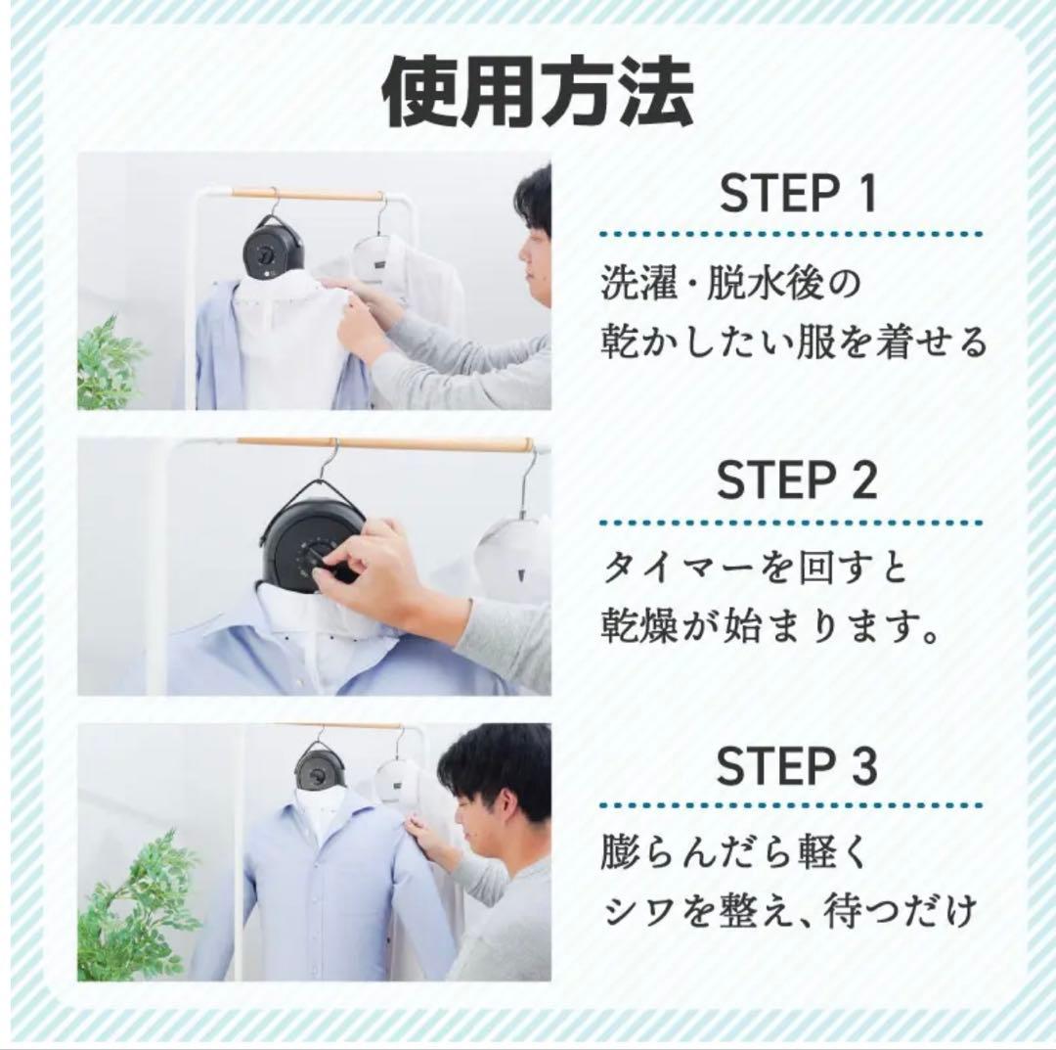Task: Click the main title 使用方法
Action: pyautogui.click(x=537, y=94)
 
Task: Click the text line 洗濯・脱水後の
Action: pyautogui.click(x=729, y=285)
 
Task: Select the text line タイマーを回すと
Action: pyautogui.click(x=755, y=569)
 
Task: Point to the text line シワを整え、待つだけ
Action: pyautogui.click(x=789, y=912)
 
